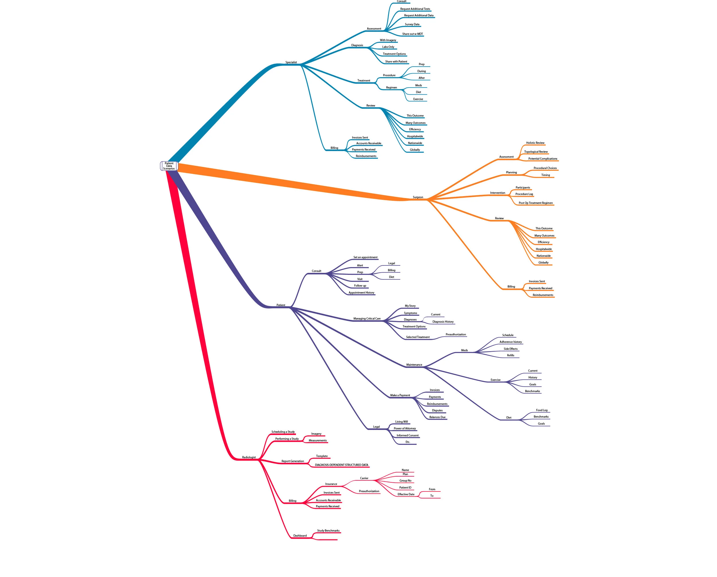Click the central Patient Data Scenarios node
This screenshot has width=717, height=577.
169,166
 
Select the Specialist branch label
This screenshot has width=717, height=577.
291,62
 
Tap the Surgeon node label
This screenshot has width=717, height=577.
418,197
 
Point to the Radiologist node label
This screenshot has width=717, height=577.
249,457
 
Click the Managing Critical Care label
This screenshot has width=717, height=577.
367,318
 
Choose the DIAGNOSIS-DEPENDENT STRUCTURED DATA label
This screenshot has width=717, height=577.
341,465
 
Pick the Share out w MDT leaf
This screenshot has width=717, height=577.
412,34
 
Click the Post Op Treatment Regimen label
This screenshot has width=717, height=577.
535,203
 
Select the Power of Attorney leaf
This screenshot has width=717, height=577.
405,428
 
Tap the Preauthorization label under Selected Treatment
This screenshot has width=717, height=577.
456,335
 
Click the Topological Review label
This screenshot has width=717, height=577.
536,152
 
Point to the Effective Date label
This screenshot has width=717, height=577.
406,494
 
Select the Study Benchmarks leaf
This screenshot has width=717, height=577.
328,531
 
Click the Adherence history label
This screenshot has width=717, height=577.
511,342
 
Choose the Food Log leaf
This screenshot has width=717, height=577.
541,410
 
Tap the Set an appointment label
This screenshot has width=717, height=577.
365,257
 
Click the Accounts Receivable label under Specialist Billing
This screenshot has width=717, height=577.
369,143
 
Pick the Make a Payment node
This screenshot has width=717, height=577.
400,395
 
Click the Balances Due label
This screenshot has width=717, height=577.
437,417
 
